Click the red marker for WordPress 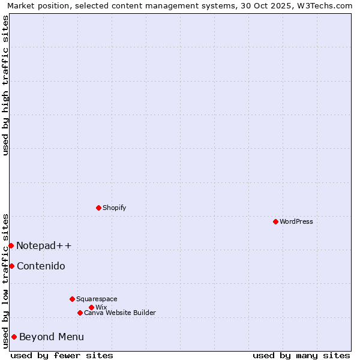point(275,221)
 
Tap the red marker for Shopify point(98,208)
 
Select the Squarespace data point point(72,299)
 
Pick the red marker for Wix point(91,307)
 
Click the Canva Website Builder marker point(80,313)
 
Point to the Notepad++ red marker point(11,245)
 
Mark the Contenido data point point(11,266)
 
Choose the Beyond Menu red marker point(14,337)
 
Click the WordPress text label point(296,221)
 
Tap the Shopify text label point(115,208)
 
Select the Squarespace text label point(97,299)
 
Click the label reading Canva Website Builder point(120,313)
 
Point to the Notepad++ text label point(44,245)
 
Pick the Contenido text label point(41,266)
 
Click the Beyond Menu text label point(52,337)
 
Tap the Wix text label point(101,307)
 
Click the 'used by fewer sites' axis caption point(62,355)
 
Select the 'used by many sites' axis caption point(301,355)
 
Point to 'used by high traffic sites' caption point(5,85)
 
